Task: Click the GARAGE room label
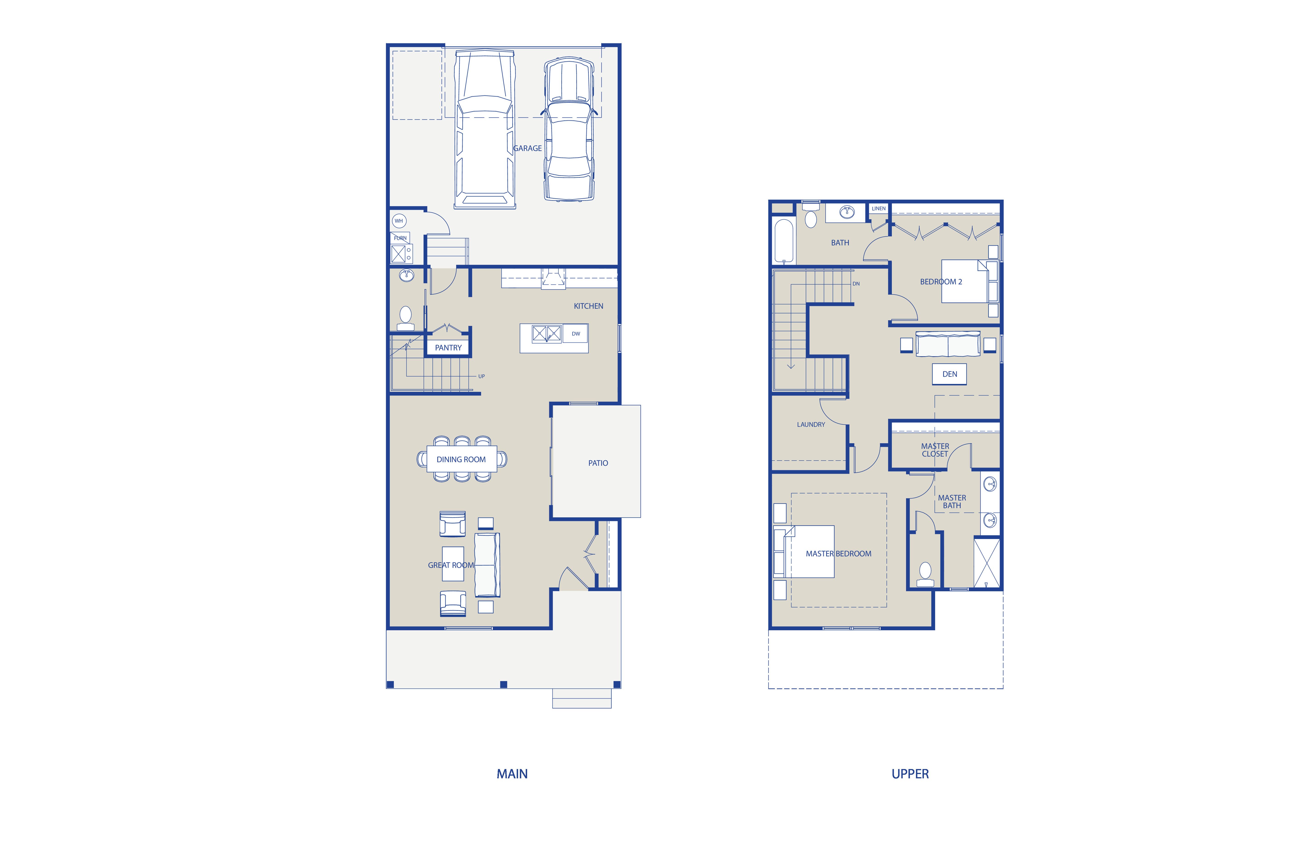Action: coord(527,148)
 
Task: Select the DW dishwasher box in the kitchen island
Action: coord(576,334)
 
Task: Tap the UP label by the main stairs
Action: coord(481,377)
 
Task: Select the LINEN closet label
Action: coord(879,209)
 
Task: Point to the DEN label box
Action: coord(949,374)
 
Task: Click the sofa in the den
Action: coord(948,344)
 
